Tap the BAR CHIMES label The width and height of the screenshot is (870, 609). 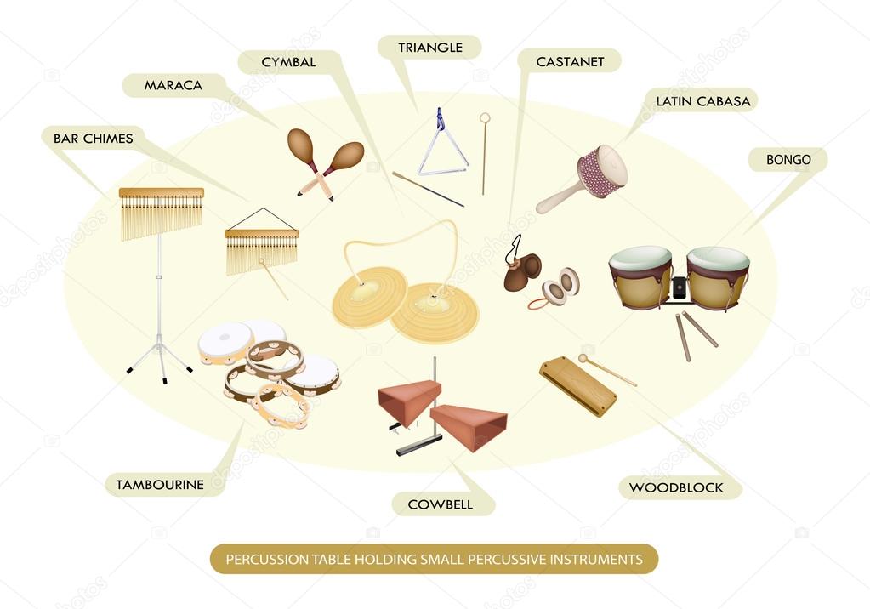pos(94,138)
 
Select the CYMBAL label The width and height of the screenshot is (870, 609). pos(289,62)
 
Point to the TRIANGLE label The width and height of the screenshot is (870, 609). pos(430,48)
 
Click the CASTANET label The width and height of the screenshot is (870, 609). pos(570,61)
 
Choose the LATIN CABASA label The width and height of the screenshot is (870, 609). pos(702,101)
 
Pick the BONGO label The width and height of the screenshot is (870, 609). pos(788,160)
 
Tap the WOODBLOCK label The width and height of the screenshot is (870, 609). pos(676,487)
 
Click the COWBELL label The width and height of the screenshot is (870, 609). pos(440,504)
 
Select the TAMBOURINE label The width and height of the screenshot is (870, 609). pos(160,485)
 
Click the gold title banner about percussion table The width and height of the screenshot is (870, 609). pos(434,559)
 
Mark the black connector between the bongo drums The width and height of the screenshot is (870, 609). pos(680,287)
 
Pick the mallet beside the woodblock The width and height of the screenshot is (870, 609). pos(607,370)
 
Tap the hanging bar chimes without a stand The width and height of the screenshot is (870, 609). pos(261,247)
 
